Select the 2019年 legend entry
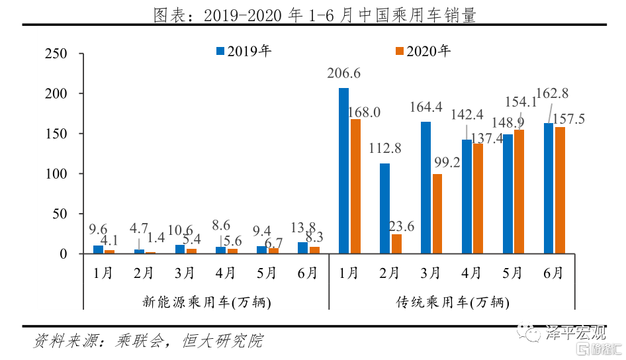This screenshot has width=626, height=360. point(244,51)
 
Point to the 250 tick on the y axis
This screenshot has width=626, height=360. point(54,54)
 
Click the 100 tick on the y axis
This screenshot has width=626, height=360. point(54,174)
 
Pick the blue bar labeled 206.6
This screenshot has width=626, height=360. point(343,171)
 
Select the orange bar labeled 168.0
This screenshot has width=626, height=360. point(355,186)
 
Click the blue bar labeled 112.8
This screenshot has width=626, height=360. point(384,208)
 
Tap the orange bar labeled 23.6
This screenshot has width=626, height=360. point(396,244)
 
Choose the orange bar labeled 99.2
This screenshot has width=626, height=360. point(437,214)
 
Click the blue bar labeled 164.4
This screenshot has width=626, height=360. point(425,187)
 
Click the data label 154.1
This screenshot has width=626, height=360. point(519,102)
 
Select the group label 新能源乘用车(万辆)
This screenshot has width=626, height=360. point(206,302)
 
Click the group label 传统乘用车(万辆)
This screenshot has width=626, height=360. point(453,302)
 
